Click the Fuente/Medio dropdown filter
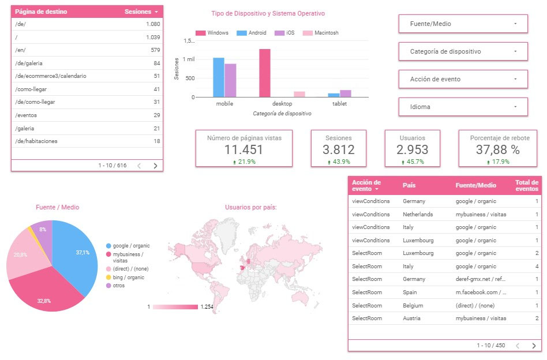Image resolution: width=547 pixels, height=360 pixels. (463, 24)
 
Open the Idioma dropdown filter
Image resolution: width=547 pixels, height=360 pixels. (463, 107)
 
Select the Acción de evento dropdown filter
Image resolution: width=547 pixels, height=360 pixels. (463, 79)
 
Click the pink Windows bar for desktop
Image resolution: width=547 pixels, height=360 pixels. (265, 73)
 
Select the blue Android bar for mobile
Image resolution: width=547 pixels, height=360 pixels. (219, 77)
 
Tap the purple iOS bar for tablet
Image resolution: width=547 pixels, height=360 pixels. (346, 93)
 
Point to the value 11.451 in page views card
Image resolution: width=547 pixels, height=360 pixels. (243, 149)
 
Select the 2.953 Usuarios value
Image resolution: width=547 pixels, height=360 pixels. (413, 149)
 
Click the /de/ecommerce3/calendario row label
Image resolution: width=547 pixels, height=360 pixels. (51, 76)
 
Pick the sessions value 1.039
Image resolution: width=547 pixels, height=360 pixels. (152, 37)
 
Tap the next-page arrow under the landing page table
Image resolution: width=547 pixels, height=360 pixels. (155, 166)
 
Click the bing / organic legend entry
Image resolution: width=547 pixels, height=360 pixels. (128, 277)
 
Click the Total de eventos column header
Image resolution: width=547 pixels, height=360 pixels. (526, 185)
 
